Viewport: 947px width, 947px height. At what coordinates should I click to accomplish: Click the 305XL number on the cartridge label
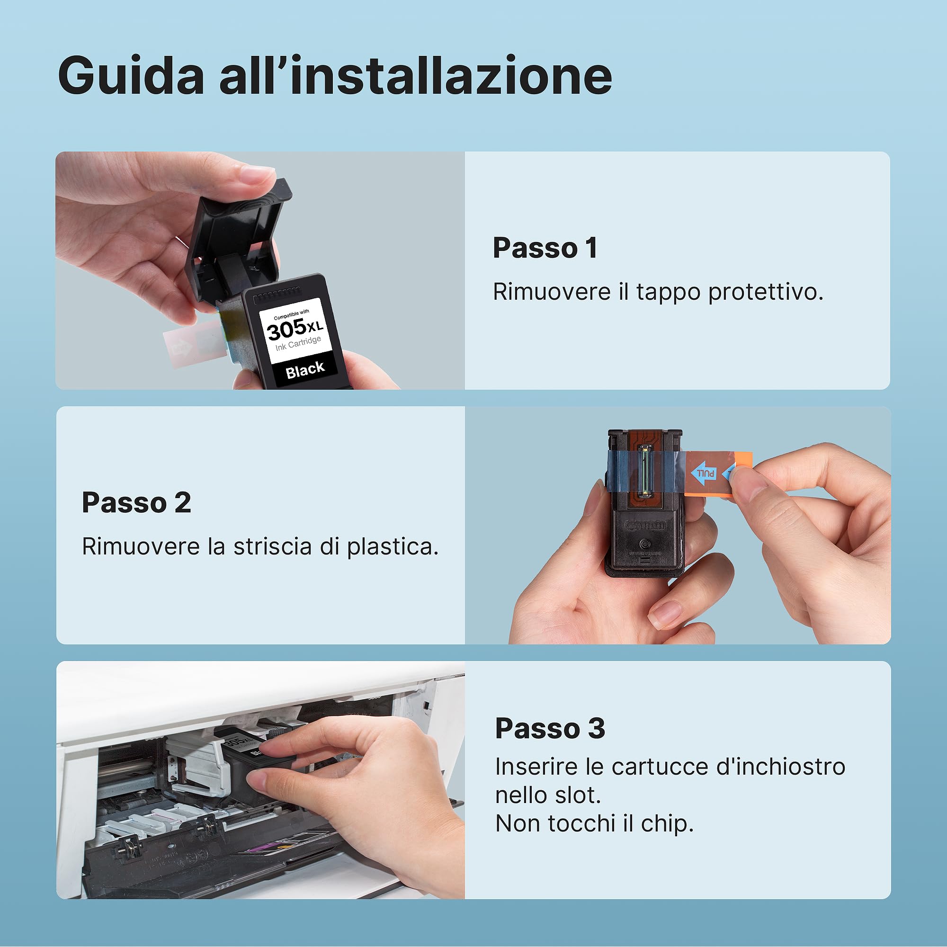[294, 329]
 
